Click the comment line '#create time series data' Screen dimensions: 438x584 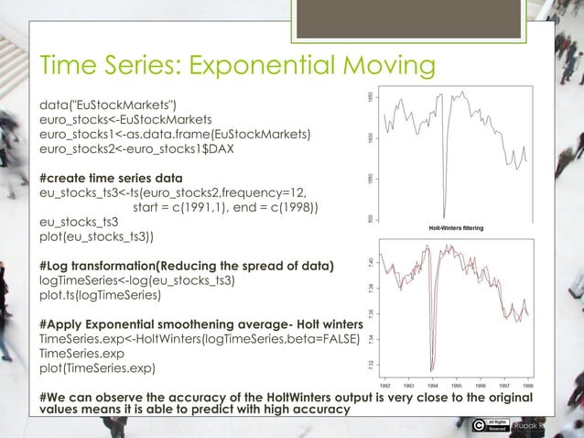111,177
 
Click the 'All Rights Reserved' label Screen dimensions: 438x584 497,424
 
